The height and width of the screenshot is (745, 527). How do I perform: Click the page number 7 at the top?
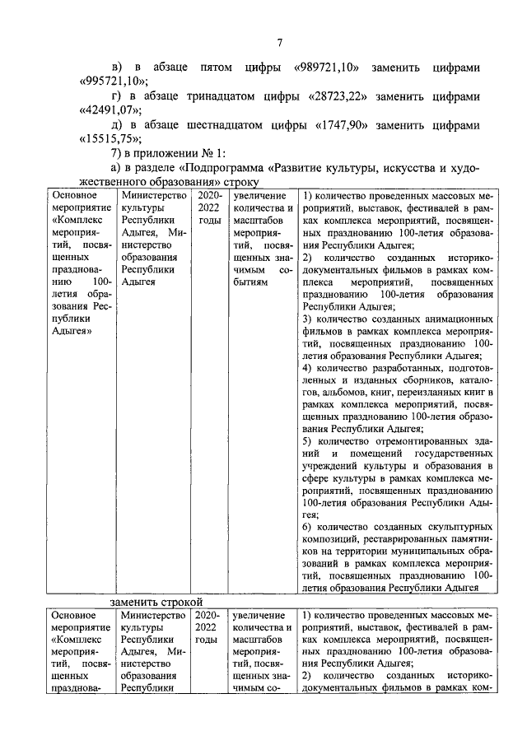(279, 44)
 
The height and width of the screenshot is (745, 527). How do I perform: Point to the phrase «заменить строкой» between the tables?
(156, 603)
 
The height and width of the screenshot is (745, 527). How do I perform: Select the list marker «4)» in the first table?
(306, 367)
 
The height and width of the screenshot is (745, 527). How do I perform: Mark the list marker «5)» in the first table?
(306, 440)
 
